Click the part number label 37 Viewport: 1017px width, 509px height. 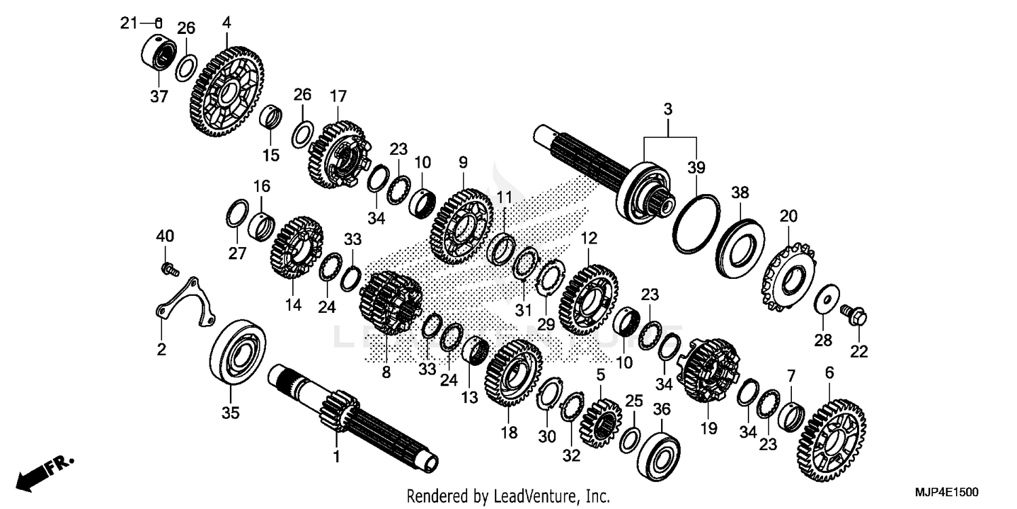[x=159, y=97]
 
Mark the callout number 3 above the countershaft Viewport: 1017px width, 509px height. [x=668, y=109]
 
